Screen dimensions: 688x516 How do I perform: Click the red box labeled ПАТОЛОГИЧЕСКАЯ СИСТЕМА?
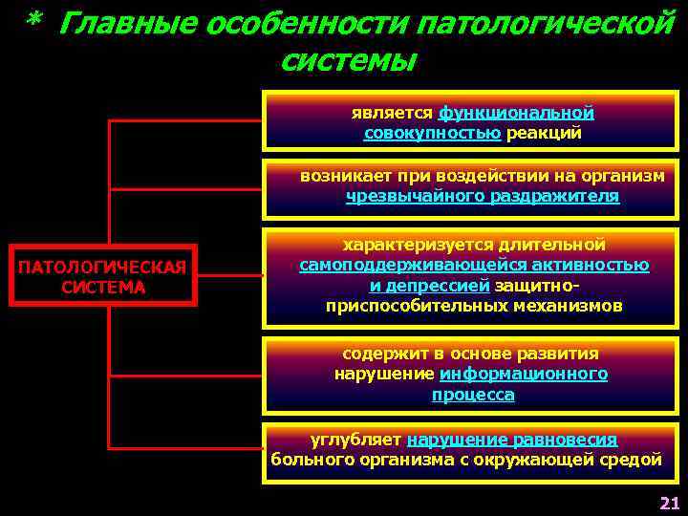pyautogui.click(x=103, y=276)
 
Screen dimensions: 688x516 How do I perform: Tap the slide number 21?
pyautogui.click(x=668, y=504)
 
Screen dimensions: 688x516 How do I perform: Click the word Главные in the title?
pyautogui.click(x=117, y=22)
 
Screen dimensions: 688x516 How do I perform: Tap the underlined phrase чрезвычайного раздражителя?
pyautogui.click(x=483, y=196)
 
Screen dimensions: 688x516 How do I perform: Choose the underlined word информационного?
pyautogui.click(x=524, y=374)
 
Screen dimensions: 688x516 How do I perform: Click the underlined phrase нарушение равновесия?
pyautogui.click(x=512, y=440)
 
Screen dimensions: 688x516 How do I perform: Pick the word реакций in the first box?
pyautogui.click(x=544, y=134)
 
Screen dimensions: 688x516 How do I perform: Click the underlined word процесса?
pyautogui.click(x=473, y=395)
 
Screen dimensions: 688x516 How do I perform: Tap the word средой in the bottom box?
pyautogui.click(x=629, y=460)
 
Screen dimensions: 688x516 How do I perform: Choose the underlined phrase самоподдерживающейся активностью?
pyautogui.click(x=474, y=265)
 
